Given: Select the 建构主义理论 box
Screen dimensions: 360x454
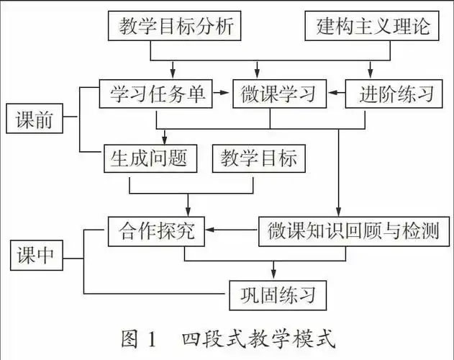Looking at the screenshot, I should [x=373, y=27].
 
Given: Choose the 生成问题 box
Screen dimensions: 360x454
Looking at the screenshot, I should [x=149, y=158].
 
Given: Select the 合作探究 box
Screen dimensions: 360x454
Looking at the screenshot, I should [x=155, y=231].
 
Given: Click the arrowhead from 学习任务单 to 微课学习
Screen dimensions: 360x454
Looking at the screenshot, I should [x=227, y=94].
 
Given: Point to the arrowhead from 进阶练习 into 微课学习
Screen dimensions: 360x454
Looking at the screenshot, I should [x=331, y=94].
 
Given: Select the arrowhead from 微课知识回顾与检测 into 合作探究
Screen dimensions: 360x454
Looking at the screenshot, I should [x=210, y=231].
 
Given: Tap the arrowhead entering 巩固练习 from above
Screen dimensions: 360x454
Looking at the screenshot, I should [x=274, y=274].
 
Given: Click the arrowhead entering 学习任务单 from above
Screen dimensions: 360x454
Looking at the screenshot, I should [x=173, y=72].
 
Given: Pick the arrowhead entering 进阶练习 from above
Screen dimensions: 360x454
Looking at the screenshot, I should [x=371, y=72].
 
